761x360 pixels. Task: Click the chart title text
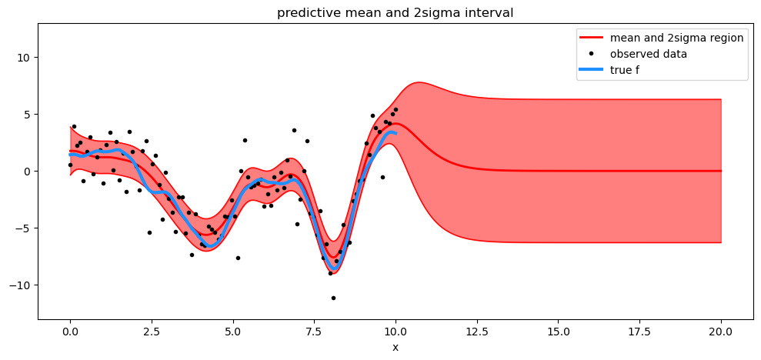tap(396, 12)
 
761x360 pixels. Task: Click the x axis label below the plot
tap(396, 347)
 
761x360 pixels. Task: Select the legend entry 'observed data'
tap(649, 54)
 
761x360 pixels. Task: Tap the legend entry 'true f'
tap(625, 70)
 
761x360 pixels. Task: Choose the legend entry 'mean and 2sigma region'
tap(676, 38)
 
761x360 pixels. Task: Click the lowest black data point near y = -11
tap(333, 298)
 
